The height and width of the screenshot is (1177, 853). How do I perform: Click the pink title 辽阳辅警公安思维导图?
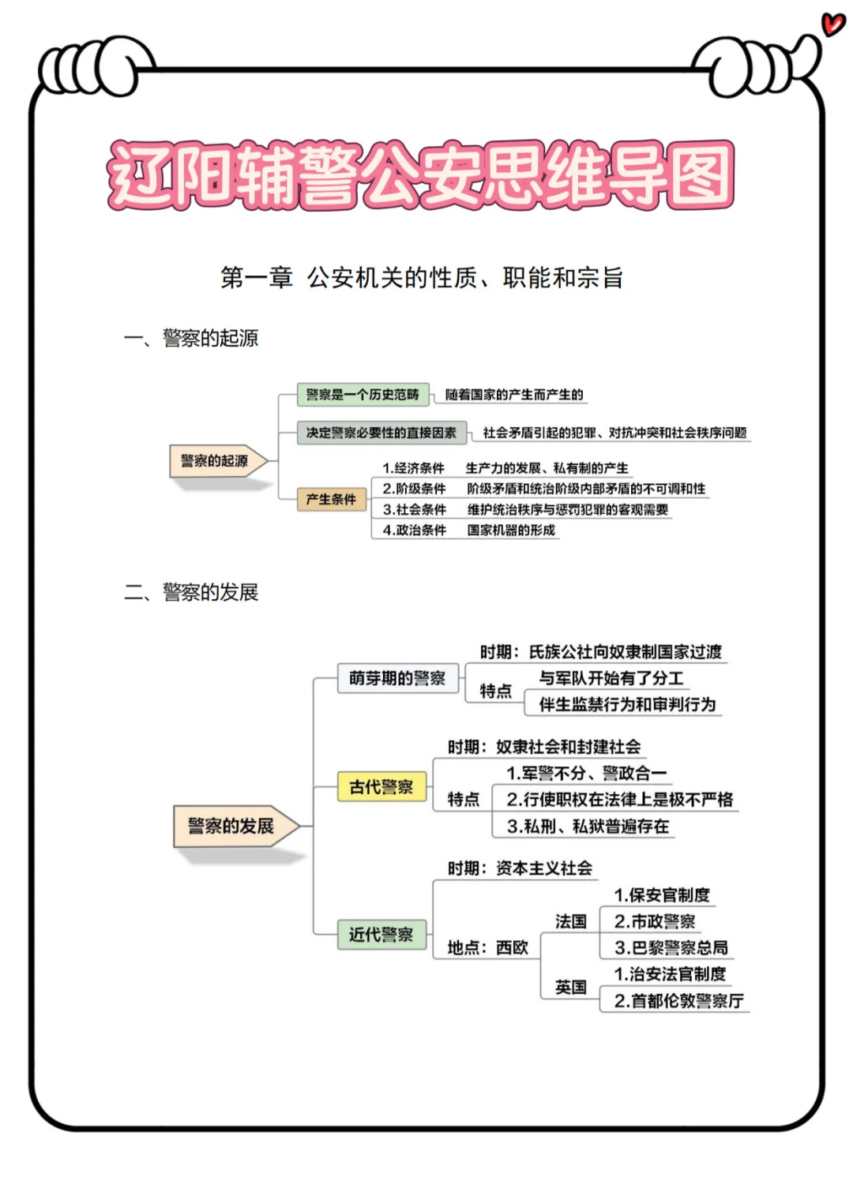421,175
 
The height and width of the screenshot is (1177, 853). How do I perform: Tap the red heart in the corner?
832,23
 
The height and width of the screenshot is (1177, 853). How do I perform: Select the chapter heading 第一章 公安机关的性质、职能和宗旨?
422,278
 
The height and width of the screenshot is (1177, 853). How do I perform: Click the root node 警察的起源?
214,461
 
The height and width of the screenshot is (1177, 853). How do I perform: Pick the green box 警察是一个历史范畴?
363,395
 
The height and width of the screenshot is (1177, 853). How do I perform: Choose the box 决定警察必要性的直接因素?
381,433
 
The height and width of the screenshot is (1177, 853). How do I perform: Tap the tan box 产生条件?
331,500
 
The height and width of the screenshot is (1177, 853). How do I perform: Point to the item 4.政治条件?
415,530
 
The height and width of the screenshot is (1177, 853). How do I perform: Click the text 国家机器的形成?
511,530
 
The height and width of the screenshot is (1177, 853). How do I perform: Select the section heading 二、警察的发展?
191,592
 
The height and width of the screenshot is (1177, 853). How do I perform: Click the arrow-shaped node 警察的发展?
231,827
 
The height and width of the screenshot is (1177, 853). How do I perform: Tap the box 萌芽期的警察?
397,678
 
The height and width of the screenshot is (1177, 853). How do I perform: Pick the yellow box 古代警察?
381,787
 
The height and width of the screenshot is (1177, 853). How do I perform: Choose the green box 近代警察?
381,935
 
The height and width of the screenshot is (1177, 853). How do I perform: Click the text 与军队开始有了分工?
611,678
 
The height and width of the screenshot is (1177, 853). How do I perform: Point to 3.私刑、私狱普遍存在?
588,827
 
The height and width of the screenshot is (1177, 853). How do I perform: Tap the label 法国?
571,921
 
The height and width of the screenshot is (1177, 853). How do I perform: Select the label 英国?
571,988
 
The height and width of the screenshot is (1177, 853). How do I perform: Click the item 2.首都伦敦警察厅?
678,1001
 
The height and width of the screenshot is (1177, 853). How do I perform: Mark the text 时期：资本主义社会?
520,868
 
